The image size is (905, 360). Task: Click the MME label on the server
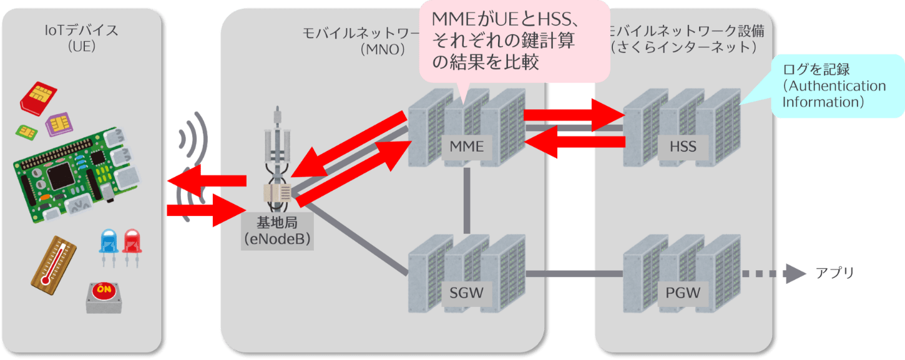pyautogui.click(x=467, y=147)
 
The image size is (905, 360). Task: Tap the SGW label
pyautogui.click(x=467, y=292)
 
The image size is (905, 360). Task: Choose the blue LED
pyautogui.click(x=109, y=243)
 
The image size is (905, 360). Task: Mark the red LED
pyautogui.click(x=132, y=243)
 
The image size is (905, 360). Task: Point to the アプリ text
pyautogui.click(x=834, y=274)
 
